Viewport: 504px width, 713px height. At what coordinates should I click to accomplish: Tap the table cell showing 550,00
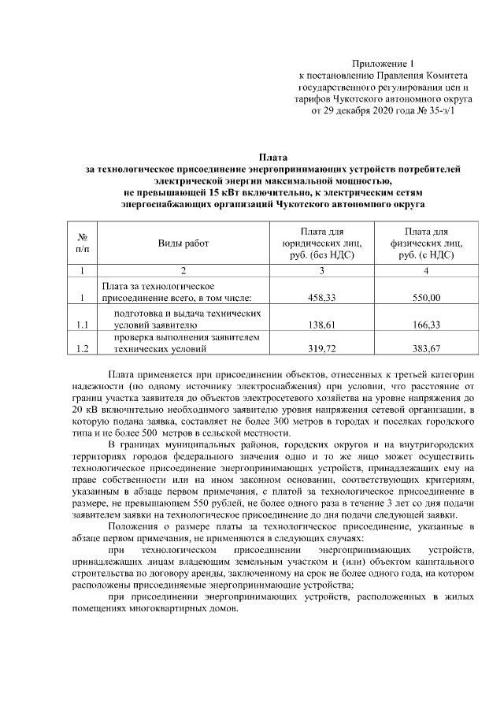(x=426, y=298)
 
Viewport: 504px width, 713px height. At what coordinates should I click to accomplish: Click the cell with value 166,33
(x=426, y=324)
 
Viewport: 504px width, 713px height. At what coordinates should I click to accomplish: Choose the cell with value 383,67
(x=426, y=347)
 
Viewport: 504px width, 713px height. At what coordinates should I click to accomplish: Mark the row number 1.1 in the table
(x=82, y=324)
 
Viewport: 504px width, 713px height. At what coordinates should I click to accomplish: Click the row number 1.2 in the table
(x=82, y=347)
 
